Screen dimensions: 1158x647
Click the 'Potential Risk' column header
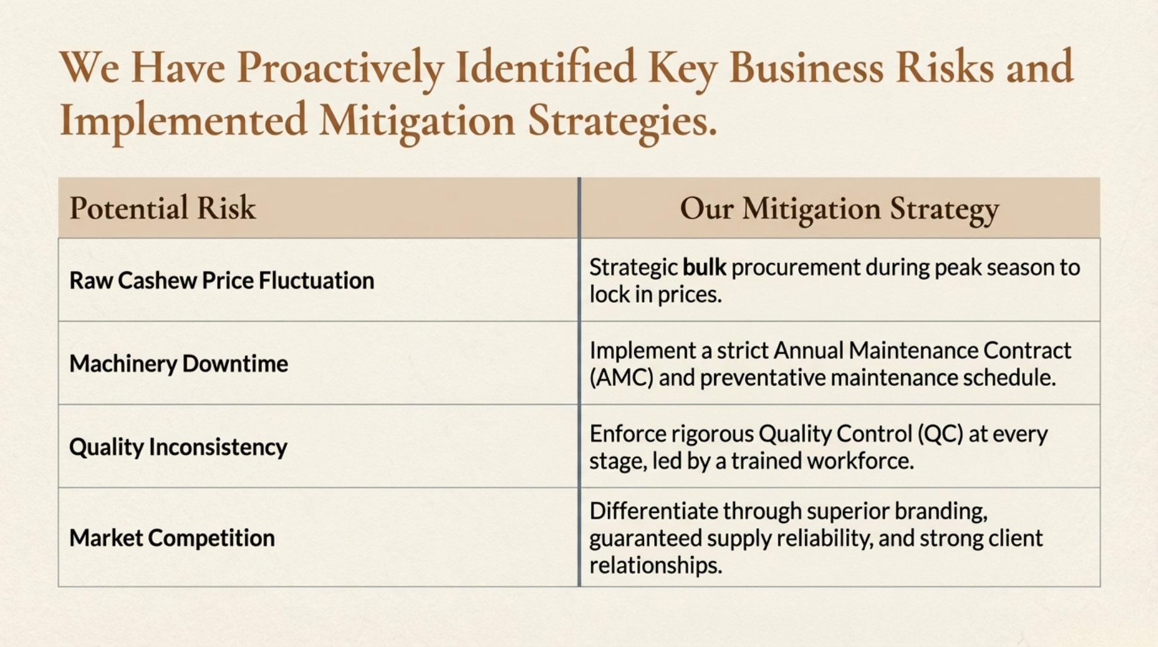[x=162, y=208]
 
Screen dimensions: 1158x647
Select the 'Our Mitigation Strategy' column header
[x=839, y=210]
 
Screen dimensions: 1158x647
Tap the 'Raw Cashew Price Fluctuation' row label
[x=222, y=280]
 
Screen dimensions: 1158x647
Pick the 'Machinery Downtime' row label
[x=179, y=363]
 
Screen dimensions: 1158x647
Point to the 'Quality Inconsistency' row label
[x=178, y=447]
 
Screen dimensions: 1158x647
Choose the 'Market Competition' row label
[x=172, y=538]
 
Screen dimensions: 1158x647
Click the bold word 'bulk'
[x=705, y=267]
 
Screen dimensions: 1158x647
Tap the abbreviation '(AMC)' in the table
[x=621, y=378]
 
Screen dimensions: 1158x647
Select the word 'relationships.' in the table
[x=655, y=565]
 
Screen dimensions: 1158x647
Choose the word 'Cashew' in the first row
[x=157, y=280]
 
